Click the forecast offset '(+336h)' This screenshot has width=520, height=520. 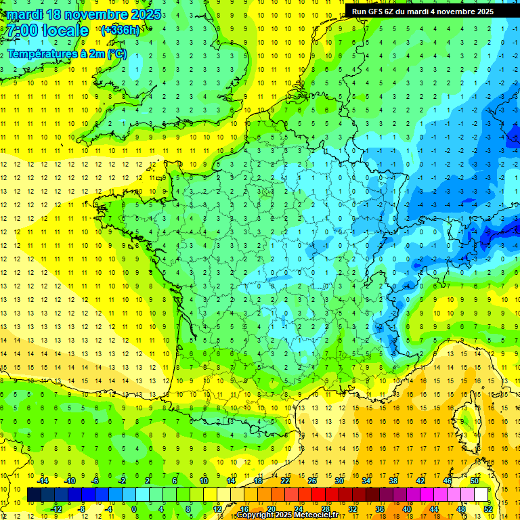[120, 30]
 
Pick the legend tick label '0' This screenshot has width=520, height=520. [133, 508]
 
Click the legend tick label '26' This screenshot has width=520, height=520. [312, 480]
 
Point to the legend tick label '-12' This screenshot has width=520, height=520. [56, 508]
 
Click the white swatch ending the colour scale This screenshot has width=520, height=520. [481, 494]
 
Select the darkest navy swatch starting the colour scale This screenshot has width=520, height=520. [34, 494]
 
